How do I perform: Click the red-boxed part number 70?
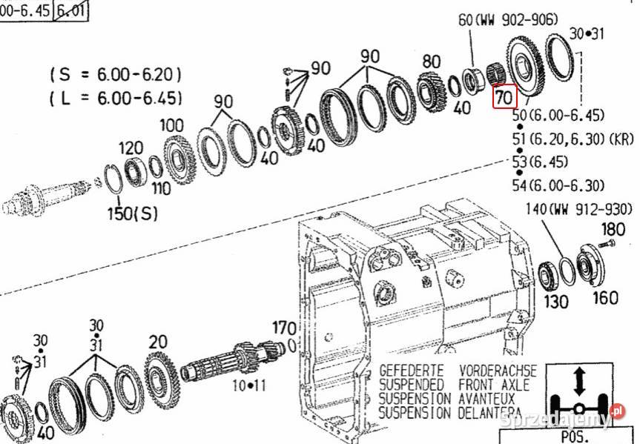pyautogui.click(x=504, y=97)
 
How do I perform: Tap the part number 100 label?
pyautogui.click(x=172, y=125)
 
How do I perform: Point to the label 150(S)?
pyautogui.click(x=134, y=214)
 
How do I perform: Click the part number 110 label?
pyautogui.click(x=160, y=188)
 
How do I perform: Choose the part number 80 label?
pyautogui.click(x=432, y=61)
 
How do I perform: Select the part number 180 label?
pyautogui.click(x=613, y=229)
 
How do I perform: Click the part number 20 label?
pyautogui.click(x=157, y=342)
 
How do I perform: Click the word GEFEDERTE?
pyautogui.click(x=411, y=370)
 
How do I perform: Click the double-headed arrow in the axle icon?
pyautogui.click(x=580, y=382)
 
